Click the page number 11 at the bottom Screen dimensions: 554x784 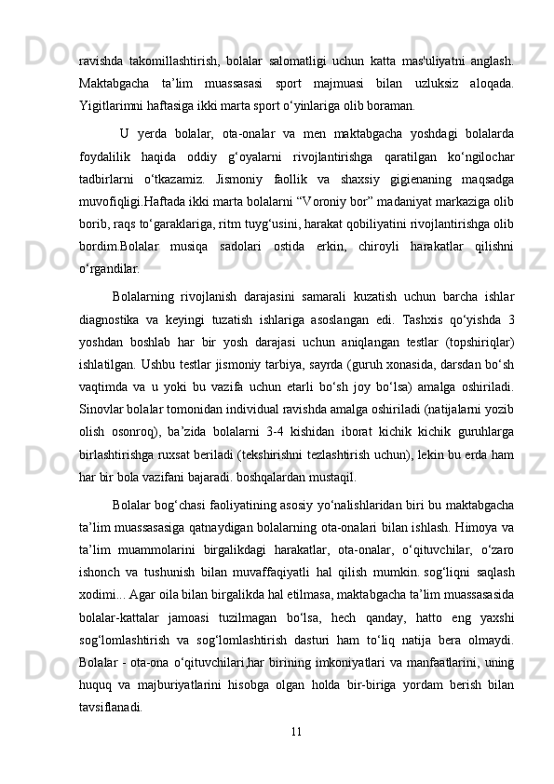pos(295,729)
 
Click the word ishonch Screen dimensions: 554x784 pos(101,571)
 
